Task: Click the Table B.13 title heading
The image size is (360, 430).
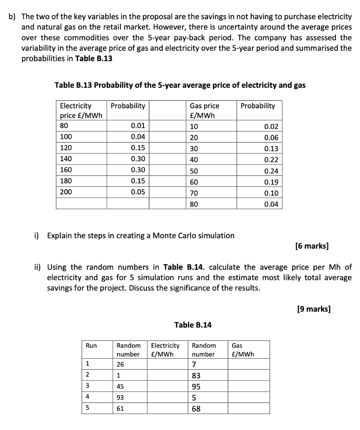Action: (x=180, y=85)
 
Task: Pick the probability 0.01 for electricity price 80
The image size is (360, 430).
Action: (x=138, y=126)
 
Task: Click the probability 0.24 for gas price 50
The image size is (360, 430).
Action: (x=271, y=171)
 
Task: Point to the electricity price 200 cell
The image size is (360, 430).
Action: (x=66, y=192)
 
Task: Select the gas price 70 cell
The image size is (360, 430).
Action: (x=194, y=193)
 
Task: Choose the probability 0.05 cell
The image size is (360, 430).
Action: (x=138, y=192)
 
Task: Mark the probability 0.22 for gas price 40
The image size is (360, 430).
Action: (x=271, y=160)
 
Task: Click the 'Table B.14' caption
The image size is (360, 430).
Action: (x=193, y=325)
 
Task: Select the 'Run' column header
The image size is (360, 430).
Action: (x=91, y=346)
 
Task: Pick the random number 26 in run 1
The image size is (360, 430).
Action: (x=120, y=364)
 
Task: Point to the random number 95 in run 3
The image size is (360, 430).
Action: (x=196, y=386)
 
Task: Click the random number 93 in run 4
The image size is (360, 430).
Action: (x=120, y=397)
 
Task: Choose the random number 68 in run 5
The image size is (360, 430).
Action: (x=196, y=408)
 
